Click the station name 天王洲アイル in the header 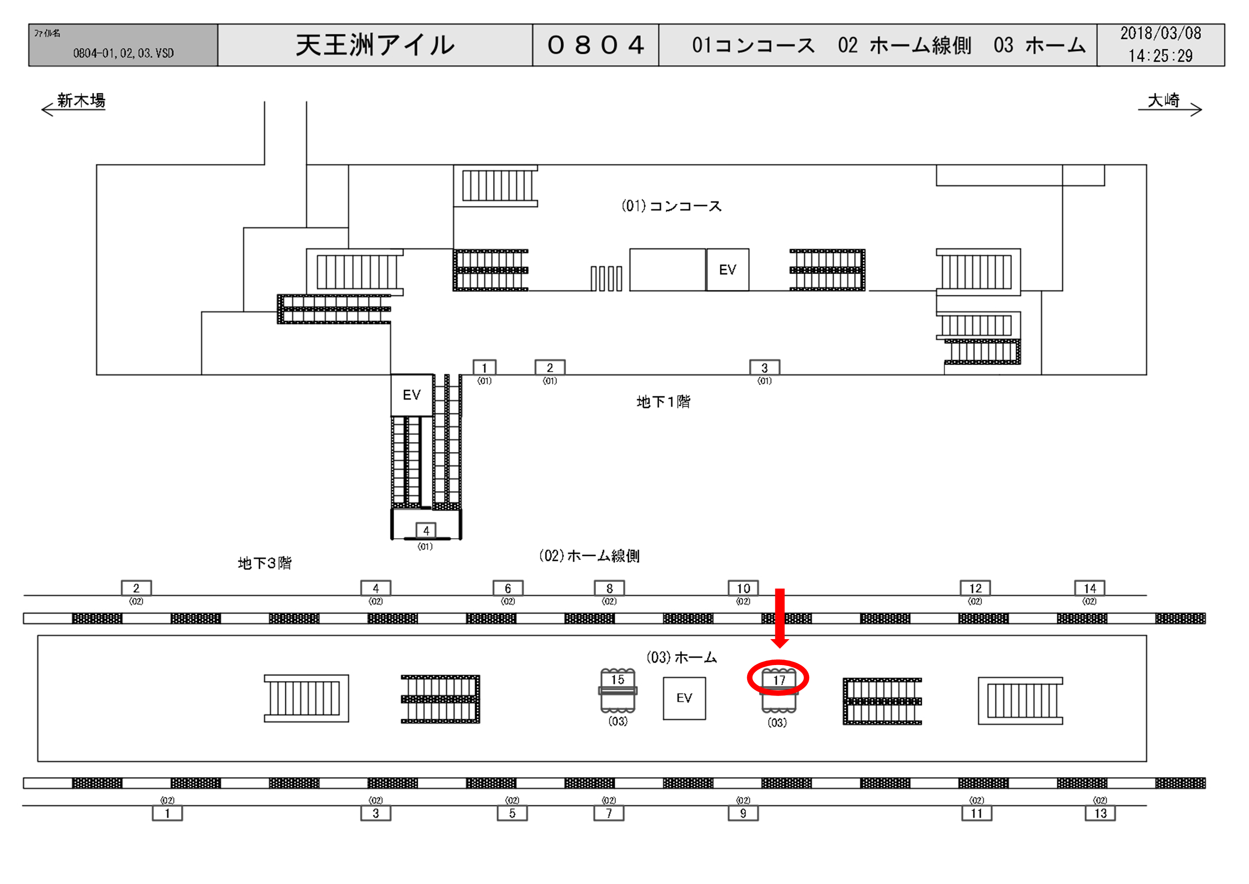tap(375, 45)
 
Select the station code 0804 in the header tap(596, 45)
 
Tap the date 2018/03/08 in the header tap(1160, 34)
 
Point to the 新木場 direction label tap(81, 100)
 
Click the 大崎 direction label tap(1163, 100)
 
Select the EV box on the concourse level tap(727, 270)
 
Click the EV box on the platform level tap(684, 698)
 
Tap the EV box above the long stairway tap(412, 395)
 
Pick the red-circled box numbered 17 tap(779, 681)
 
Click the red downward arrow tap(780, 618)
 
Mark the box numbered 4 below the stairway tap(426, 531)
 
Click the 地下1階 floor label tap(663, 402)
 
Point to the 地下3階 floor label tap(264, 563)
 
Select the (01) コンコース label tap(671, 206)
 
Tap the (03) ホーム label tap(682, 658)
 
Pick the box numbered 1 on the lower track tap(167, 814)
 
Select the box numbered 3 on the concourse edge tap(764, 368)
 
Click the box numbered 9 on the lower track tap(743, 814)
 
